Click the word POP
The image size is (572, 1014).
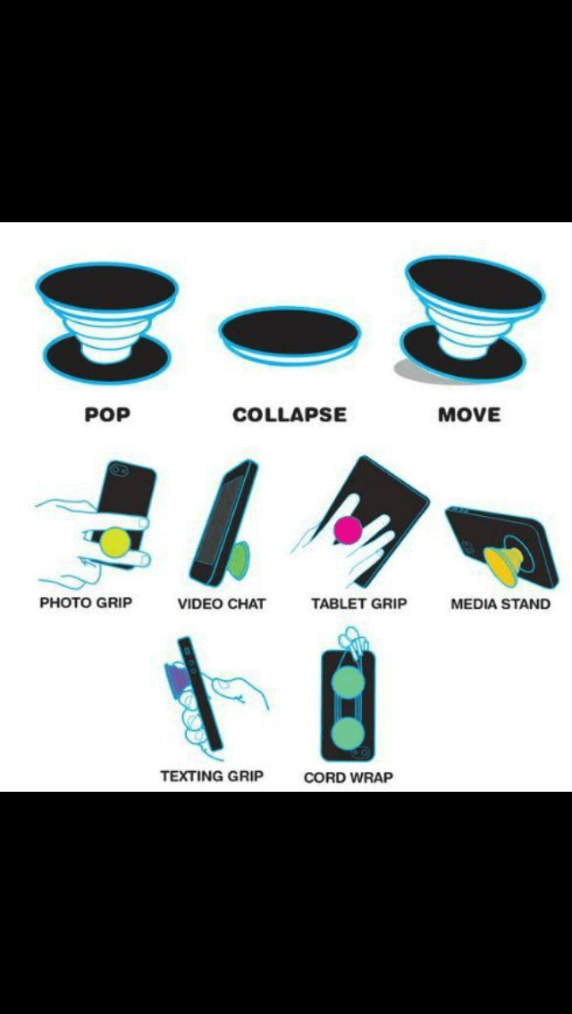tap(106, 415)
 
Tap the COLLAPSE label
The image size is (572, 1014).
tap(289, 415)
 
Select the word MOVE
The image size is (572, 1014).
tap(469, 415)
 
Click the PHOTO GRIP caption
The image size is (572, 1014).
tap(86, 603)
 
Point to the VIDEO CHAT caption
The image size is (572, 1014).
tap(222, 603)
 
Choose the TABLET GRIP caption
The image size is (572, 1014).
tap(358, 603)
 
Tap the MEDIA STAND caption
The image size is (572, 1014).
tap(500, 603)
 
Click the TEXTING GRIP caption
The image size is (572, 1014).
tap(212, 776)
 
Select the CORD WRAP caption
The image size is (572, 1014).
tap(349, 777)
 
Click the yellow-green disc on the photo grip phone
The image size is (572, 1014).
tap(115, 542)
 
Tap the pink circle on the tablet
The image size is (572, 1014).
tap(348, 530)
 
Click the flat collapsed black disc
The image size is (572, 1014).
tap(290, 331)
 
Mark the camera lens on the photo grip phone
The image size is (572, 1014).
tap(115, 468)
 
